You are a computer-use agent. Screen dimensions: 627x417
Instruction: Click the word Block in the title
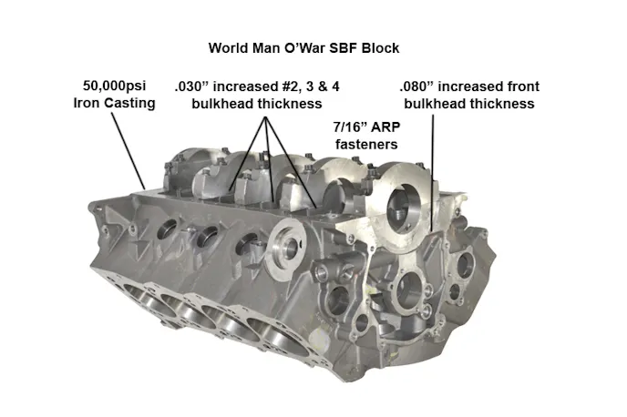tap(380, 48)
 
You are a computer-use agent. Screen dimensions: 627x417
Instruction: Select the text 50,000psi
tap(114, 86)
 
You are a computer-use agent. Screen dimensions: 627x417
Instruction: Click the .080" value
tap(414, 86)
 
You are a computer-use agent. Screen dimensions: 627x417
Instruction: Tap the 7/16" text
tap(350, 127)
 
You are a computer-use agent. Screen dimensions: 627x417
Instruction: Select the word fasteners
tap(366, 144)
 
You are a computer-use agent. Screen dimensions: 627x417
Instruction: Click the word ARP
tap(385, 127)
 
